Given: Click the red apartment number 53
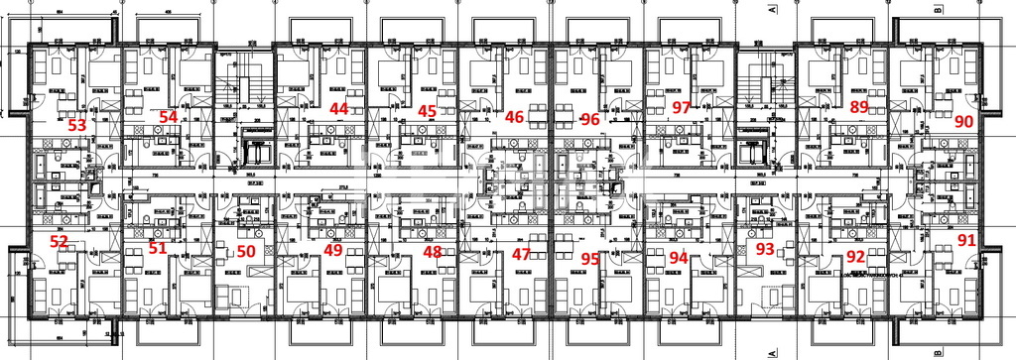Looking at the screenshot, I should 76,126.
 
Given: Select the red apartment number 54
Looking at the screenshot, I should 169,117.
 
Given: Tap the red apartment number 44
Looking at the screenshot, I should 339,108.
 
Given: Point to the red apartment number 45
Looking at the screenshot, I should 428,111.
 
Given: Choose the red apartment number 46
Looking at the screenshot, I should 514,117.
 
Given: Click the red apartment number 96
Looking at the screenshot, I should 590,119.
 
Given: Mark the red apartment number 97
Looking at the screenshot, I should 681,107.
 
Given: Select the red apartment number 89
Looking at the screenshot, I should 859,107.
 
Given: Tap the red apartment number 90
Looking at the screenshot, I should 962,121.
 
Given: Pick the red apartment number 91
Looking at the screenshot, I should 966,240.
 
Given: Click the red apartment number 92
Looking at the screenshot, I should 855,256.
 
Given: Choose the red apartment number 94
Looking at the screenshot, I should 679,257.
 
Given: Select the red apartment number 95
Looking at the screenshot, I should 590,259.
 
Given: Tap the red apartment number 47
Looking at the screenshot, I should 521,255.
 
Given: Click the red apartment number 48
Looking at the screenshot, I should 433,252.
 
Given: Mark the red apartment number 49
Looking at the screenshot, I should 333,250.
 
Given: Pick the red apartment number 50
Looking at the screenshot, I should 246,252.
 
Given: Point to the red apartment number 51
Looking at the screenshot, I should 158,248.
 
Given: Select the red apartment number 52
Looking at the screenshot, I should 60,242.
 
